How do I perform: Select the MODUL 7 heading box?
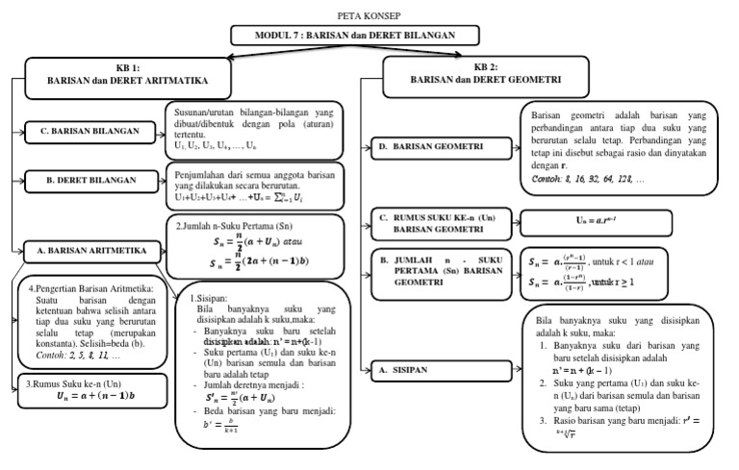(355, 36)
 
